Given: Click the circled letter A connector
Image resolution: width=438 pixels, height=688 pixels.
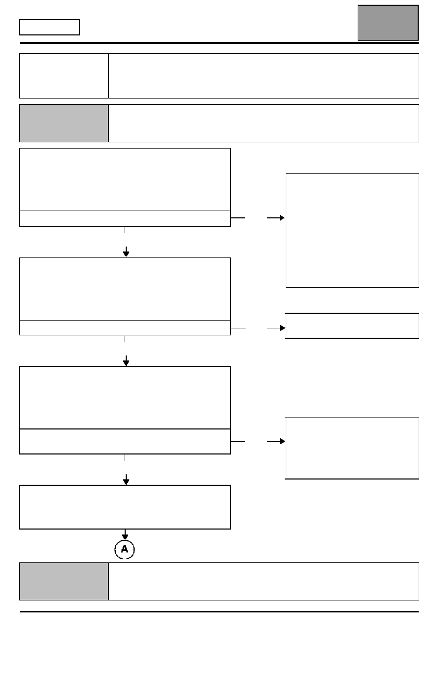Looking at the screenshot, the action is point(125,549).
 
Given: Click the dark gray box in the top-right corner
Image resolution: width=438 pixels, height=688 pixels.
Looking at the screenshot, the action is point(388,23).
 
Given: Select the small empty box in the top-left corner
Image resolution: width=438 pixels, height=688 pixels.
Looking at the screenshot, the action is point(49,27).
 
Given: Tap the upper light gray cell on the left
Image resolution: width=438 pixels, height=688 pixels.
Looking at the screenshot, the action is point(64,123).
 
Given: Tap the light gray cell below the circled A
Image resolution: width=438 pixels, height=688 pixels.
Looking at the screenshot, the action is point(64,582).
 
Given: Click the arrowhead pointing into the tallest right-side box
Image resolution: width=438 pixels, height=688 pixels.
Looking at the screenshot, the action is point(283,218).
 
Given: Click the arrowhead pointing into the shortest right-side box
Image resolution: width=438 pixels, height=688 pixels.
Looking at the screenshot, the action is point(283,328).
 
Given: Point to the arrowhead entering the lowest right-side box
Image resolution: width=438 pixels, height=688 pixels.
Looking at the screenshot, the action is point(283,441).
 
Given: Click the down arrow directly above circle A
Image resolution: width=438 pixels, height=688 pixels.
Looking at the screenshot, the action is point(125,535).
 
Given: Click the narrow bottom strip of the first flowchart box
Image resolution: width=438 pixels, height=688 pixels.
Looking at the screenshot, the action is point(125,219).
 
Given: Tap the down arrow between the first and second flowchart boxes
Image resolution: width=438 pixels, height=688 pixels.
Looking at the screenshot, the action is point(126,252).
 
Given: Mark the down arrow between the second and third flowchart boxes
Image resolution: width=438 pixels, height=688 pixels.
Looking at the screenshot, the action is point(126,361).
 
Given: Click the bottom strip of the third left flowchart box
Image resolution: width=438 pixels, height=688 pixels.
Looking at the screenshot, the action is point(125,441).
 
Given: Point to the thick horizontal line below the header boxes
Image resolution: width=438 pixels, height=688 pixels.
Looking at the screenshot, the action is point(219,43).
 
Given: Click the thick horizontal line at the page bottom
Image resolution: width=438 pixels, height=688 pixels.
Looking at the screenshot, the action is point(219,611).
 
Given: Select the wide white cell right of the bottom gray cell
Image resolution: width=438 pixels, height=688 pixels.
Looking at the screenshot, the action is point(264,582).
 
